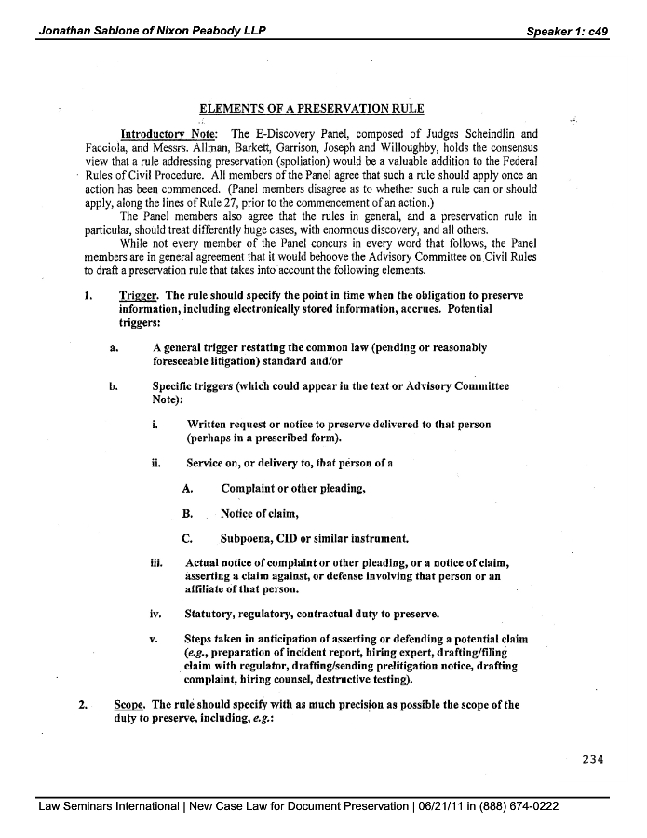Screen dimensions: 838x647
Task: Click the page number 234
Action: pyautogui.click(x=593, y=758)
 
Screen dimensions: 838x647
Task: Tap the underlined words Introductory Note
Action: pyautogui.click(x=168, y=134)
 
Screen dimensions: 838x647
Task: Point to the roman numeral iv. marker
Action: pyautogui.click(x=156, y=614)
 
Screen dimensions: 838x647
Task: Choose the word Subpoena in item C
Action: pyautogui.click(x=249, y=537)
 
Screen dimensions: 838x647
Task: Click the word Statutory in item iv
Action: pyautogui.click(x=215, y=614)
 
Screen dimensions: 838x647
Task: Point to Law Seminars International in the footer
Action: pyautogui.click(x=108, y=806)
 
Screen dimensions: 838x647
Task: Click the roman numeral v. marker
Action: pyautogui.click(x=154, y=639)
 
